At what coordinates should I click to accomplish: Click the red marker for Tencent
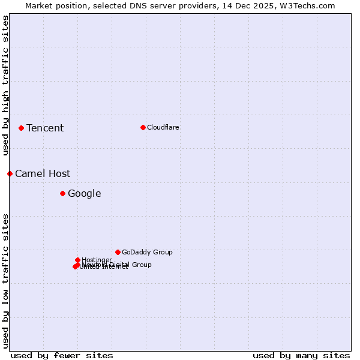(21, 128)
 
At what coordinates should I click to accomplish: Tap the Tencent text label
(45, 128)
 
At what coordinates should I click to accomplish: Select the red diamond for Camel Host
(10, 173)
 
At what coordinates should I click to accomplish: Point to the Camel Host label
(43, 173)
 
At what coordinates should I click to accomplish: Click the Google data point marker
(62, 193)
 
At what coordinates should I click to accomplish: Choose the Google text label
(85, 193)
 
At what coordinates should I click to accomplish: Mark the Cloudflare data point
(143, 127)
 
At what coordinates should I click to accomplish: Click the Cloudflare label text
(163, 127)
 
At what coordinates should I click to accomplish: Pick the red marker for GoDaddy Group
(118, 252)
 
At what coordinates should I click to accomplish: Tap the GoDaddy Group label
(147, 252)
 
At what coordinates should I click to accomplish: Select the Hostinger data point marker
(77, 260)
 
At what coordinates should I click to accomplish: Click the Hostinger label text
(97, 260)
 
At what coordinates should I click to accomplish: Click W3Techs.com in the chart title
(307, 5)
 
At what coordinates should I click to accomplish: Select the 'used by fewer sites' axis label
(62, 355)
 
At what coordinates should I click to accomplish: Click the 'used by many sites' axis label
(301, 355)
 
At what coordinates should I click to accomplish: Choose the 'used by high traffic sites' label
(5, 86)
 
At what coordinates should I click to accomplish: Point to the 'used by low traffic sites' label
(5, 281)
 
